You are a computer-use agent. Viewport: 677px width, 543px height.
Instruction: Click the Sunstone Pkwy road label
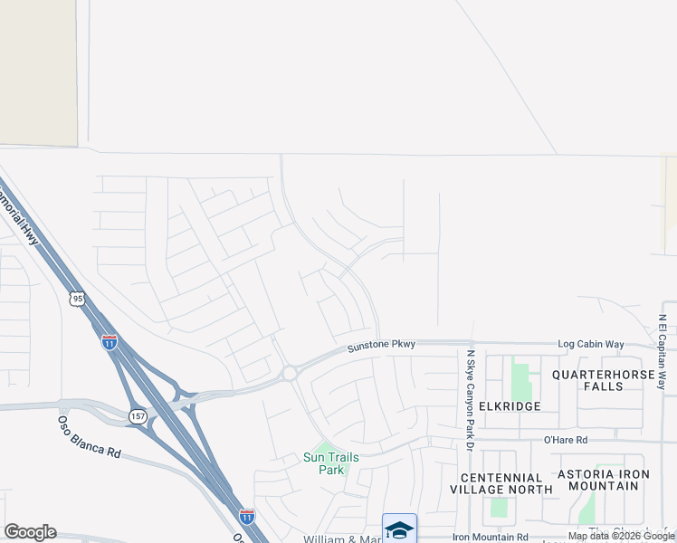pyautogui.click(x=381, y=345)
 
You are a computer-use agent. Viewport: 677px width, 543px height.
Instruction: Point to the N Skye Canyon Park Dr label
pyautogui.click(x=471, y=399)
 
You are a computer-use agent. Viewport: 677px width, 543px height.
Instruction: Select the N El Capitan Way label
pyautogui.click(x=663, y=353)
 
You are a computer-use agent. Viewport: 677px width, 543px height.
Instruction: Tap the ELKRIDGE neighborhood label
pyautogui.click(x=512, y=406)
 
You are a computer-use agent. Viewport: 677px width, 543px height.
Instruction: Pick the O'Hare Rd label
pyautogui.click(x=566, y=440)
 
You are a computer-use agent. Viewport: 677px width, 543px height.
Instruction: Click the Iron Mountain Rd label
pyautogui.click(x=490, y=537)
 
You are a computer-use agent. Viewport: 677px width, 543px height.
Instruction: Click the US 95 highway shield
pyautogui.click(x=78, y=299)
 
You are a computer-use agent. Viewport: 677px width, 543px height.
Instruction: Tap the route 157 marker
pyautogui.click(x=137, y=415)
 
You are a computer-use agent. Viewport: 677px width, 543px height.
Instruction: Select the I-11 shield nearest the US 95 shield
pyautogui.click(x=109, y=342)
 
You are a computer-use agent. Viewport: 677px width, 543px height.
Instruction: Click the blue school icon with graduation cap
pyautogui.click(x=399, y=529)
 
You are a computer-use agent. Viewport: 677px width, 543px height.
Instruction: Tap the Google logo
pyautogui.click(x=30, y=532)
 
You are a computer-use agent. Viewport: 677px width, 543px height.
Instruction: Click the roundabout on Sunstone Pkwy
pyautogui.click(x=290, y=373)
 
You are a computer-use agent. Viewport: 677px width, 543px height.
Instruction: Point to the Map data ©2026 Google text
pyautogui.click(x=621, y=537)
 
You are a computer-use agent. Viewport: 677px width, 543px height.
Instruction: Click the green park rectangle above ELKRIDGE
pyautogui.click(x=520, y=381)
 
